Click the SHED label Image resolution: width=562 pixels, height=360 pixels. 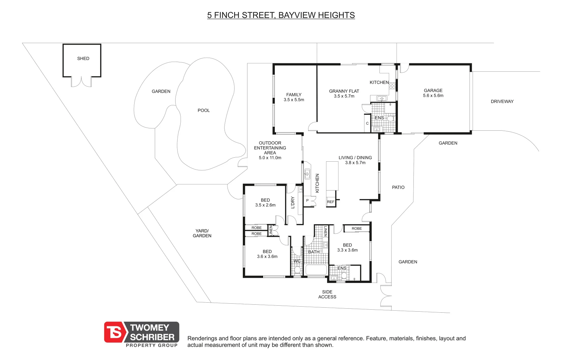[x=83, y=58]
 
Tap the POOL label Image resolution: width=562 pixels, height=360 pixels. [x=204, y=110]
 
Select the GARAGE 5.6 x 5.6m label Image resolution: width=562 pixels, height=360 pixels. [x=433, y=93]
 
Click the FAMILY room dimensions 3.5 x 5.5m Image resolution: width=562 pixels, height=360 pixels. [x=294, y=100]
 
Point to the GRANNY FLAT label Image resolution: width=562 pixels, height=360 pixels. [x=344, y=91]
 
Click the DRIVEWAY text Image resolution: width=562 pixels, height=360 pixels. [x=502, y=101]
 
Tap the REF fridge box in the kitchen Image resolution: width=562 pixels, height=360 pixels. [x=330, y=202]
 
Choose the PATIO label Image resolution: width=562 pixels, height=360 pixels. [x=398, y=187]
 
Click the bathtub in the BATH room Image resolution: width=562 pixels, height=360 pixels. [x=316, y=270]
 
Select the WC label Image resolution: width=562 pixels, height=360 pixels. [x=297, y=261]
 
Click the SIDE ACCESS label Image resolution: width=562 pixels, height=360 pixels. [x=327, y=294]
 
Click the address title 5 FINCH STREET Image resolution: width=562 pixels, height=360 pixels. [x=281, y=15]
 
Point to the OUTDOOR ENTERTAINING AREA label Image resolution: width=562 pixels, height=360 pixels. [x=270, y=148]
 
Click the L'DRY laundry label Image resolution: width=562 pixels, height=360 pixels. [x=293, y=202]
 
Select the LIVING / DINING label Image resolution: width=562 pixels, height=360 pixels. [x=355, y=158]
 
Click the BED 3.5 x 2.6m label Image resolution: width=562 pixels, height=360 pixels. [x=265, y=203]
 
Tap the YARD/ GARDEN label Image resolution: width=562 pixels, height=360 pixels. [x=202, y=233]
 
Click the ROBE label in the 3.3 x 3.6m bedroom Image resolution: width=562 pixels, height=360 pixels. [x=356, y=228]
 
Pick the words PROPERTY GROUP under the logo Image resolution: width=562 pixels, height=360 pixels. [x=152, y=345]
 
